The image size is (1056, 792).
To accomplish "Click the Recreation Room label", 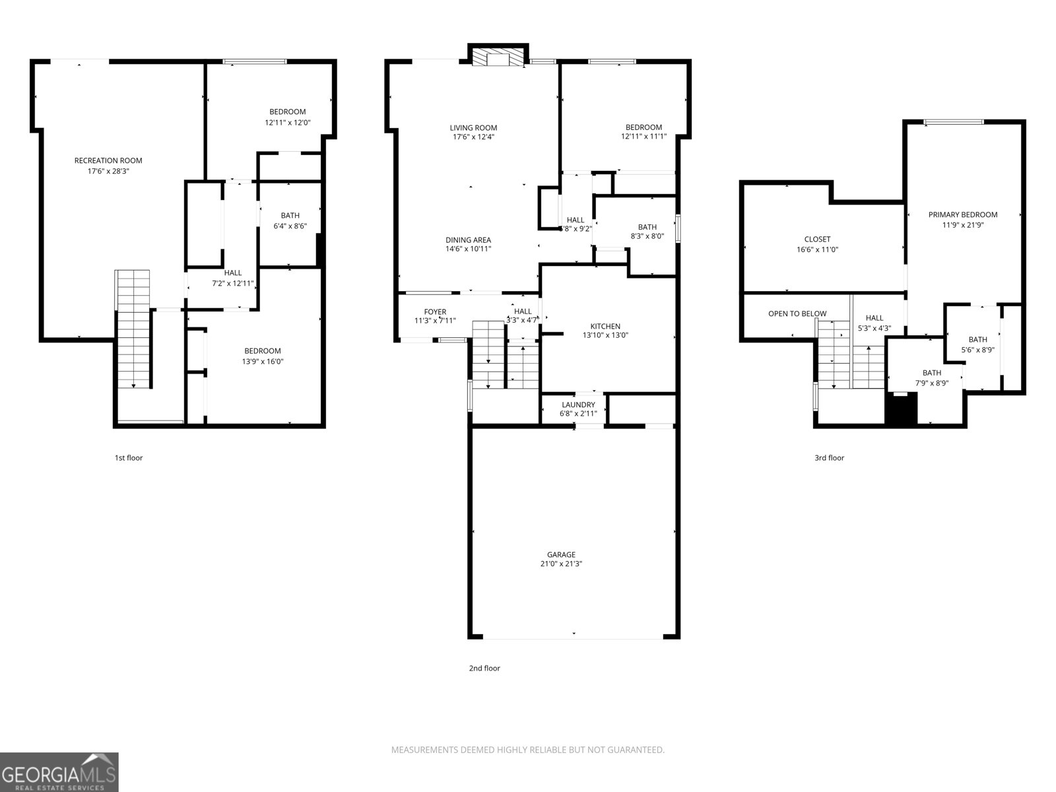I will pyautogui.click(x=108, y=160).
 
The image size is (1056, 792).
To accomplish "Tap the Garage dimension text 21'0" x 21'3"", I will pyautogui.click(x=560, y=564).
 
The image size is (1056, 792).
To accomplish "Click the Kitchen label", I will pyautogui.click(x=605, y=326).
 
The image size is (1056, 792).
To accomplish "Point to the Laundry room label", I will pyautogui.click(x=578, y=405).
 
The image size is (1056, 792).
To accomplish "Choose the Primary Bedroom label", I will pyautogui.click(x=962, y=214).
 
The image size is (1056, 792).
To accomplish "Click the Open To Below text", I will pyautogui.click(x=797, y=313).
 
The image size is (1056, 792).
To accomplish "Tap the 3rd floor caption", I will pyautogui.click(x=829, y=457).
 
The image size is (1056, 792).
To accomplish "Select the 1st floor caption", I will pyautogui.click(x=128, y=457).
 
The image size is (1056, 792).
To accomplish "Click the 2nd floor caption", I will pyautogui.click(x=484, y=668).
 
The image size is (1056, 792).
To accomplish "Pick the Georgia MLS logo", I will pyautogui.click(x=59, y=772).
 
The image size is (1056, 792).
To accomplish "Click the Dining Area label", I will pyautogui.click(x=468, y=240).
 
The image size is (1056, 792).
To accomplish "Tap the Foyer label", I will pyautogui.click(x=435, y=312).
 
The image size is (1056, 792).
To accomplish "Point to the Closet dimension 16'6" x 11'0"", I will pyautogui.click(x=817, y=250).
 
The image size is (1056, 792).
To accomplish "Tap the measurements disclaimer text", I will pyautogui.click(x=527, y=750).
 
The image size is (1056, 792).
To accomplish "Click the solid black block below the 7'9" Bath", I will pyautogui.click(x=901, y=409).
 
